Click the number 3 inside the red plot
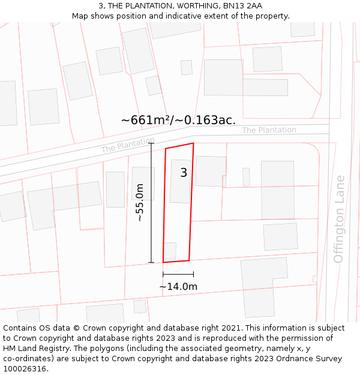[x=184, y=173]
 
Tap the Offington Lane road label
[x=339, y=219]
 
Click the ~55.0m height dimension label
[x=140, y=203]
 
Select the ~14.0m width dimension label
[x=178, y=287]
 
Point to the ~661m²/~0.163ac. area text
[x=178, y=120]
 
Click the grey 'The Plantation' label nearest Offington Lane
[x=269, y=130]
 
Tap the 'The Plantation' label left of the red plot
[x=128, y=145]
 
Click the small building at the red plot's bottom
[x=170, y=251]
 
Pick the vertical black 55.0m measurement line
[x=151, y=203]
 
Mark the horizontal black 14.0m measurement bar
[x=178, y=274]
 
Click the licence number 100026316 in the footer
[x=26, y=369]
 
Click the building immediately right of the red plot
[x=210, y=171]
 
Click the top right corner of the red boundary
[x=193, y=143]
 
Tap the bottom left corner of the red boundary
[x=163, y=262]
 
